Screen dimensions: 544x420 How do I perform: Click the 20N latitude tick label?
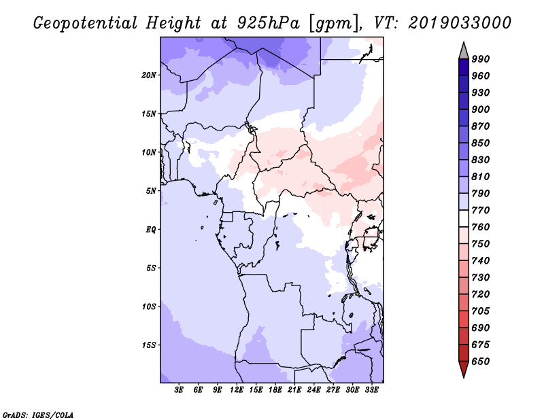tap(149, 75)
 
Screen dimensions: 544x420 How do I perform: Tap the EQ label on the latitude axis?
tap(151, 230)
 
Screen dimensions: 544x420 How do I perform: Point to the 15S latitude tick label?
tap(149, 345)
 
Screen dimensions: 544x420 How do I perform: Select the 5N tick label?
tap(151, 191)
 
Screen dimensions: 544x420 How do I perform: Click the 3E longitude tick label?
tap(179, 389)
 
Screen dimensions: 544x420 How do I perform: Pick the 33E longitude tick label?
tap(371, 389)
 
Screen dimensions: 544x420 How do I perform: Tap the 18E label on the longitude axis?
tap(275, 389)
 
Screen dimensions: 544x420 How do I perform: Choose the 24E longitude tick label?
tap(313, 389)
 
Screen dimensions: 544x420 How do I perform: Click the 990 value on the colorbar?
tap(481, 59)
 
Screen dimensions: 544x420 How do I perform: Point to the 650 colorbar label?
tap(481, 362)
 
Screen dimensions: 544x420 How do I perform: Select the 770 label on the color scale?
tap(481, 210)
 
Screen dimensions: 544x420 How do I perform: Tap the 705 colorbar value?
tap(481, 311)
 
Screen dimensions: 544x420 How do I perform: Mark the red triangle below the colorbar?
tap(464, 368)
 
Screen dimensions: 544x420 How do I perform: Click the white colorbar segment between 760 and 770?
tap(464, 219)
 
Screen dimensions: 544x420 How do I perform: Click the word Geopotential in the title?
tap(86, 23)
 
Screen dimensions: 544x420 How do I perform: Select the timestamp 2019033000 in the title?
tap(460, 23)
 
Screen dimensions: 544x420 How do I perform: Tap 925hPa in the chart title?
tap(268, 23)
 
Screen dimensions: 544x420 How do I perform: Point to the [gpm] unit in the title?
tap(333, 24)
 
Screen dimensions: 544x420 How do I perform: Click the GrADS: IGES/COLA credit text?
tap(38, 415)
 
